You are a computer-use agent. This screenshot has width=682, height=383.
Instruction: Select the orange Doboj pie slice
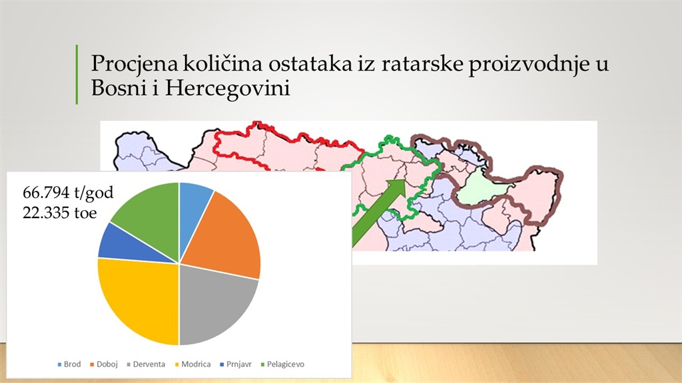point(226,235)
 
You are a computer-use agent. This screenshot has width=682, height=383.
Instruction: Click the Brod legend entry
point(69,364)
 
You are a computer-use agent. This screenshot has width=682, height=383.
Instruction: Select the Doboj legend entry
point(104,364)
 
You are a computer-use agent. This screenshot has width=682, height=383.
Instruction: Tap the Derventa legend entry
point(146,364)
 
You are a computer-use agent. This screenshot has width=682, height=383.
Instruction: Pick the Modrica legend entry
point(192,364)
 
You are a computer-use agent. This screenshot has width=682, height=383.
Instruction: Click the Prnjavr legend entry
point(236,364)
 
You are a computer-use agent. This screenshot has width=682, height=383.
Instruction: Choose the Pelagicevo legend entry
point(282,364)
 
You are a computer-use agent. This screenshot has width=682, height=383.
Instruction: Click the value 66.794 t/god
point(68,192)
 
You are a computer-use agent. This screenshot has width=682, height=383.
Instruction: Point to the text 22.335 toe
point(59,213)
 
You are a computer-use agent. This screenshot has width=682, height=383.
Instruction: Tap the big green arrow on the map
point(378,213)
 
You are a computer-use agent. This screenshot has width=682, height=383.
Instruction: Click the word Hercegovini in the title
point(227,88)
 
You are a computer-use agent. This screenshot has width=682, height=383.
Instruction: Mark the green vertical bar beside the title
point(77,74)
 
